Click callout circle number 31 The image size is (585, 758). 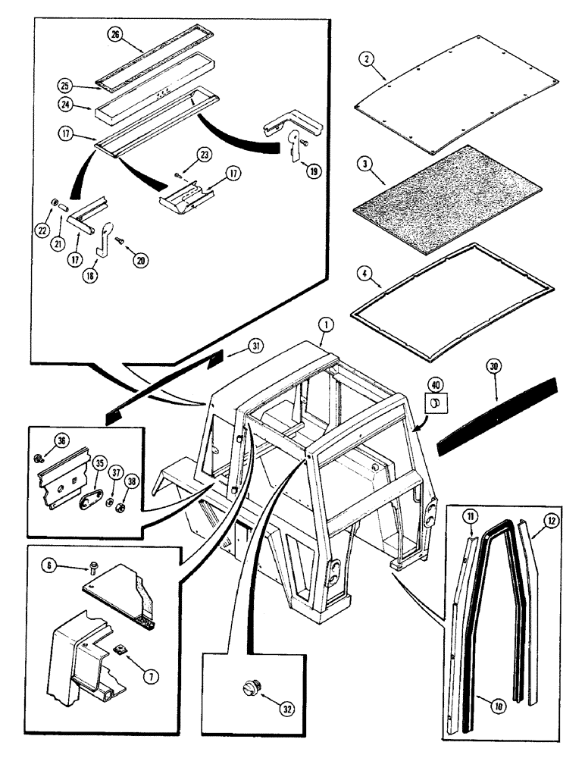click(258, 347)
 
